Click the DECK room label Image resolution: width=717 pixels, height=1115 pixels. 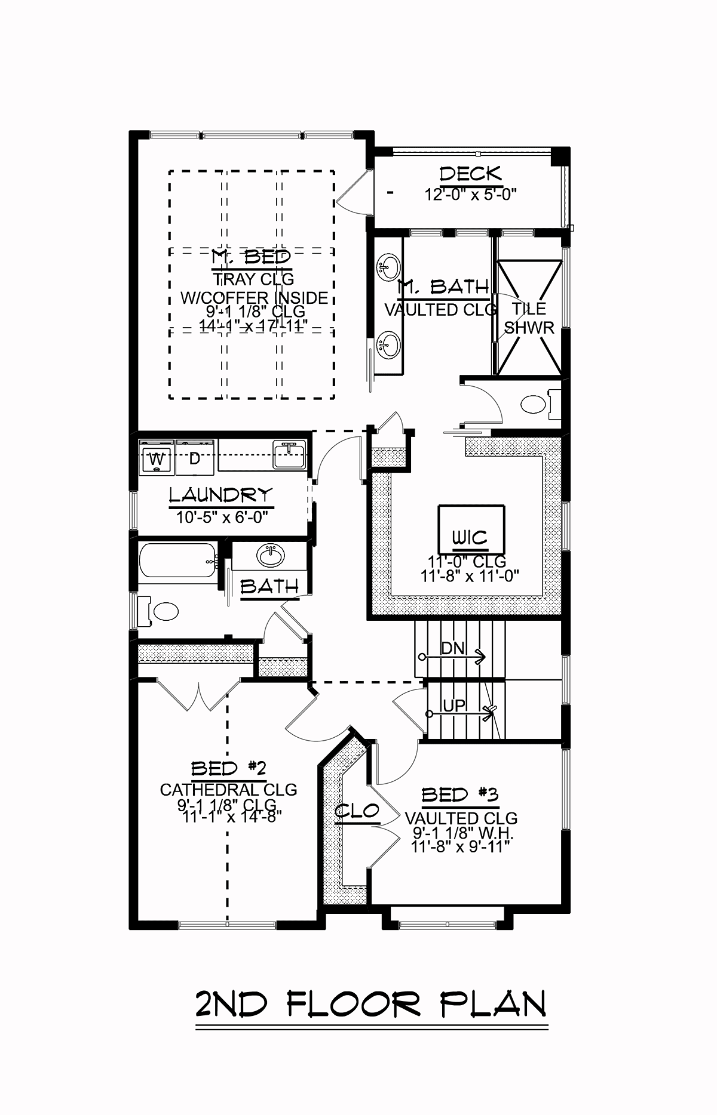pos(471,174)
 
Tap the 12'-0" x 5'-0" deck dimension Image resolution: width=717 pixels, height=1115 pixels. pos(470,194)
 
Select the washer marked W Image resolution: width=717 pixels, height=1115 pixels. pos(157,458)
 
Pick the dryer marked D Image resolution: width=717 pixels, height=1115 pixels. pos(195,458)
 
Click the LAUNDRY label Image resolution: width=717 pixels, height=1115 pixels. pos(220,495)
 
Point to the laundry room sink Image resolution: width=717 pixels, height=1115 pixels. pos(289,455)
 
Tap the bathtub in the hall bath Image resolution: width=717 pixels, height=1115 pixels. pos(177,560)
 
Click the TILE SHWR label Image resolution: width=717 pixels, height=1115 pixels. pos(529,318)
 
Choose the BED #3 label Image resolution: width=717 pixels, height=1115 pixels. pos(459,795)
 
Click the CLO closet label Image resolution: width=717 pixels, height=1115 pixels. pos(357,811)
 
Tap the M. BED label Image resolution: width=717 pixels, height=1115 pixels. pos(252,257)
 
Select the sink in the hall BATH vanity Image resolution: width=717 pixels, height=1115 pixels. pos(271,556)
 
